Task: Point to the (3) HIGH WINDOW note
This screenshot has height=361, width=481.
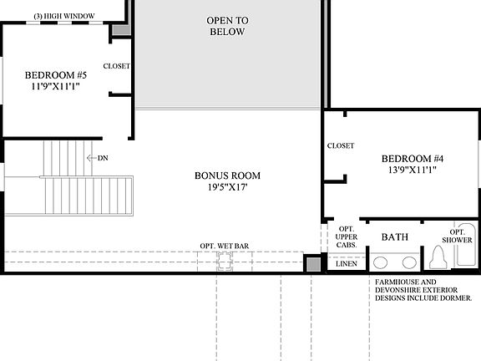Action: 63,16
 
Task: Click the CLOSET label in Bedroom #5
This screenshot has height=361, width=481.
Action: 117,66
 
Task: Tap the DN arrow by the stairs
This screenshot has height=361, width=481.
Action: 98,157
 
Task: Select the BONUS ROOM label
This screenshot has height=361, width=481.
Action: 227,175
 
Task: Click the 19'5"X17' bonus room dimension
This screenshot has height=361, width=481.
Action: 227,188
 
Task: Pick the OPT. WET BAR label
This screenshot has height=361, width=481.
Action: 225,246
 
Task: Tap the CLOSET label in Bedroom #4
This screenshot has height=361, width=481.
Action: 341,145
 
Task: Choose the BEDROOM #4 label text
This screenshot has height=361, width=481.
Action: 412,158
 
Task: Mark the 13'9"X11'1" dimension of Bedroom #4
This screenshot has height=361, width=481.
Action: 412,170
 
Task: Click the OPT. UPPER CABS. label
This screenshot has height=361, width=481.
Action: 346,237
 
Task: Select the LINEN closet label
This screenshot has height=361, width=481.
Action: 346,263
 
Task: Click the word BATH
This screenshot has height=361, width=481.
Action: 394,237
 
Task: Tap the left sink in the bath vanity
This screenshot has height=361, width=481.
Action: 382,261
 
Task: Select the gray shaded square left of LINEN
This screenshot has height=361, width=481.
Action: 312,264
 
